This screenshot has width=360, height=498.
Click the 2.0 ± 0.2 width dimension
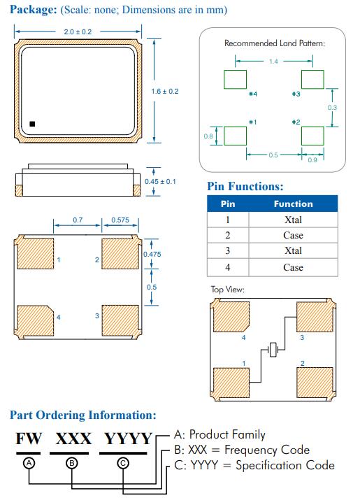click(x=78, y=31)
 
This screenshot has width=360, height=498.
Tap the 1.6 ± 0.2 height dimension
click(x=165, y=92)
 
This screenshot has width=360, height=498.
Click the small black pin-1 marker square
click(x=32, y=124)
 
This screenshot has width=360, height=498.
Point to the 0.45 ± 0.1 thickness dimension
click(x=160, y=182)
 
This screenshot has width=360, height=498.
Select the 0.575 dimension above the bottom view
click(x=120, y=220)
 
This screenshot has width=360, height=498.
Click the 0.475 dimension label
click(x=152, y=255)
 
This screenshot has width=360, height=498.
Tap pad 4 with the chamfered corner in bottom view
click(x=35, y=321)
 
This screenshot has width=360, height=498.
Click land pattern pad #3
click(x=312, y=80)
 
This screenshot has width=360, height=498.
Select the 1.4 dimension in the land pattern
click(x=273, y=62)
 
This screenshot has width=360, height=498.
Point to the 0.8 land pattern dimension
click(x=208, y=136)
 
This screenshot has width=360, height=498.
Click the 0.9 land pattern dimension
click(x=312, y=160)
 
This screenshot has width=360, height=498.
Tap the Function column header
click(x=294, y=204)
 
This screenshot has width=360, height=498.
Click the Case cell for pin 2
click(x=293, y=235)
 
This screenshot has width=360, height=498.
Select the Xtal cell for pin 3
click(x=293, y=251)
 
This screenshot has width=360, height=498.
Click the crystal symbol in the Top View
click(x=273, y=350)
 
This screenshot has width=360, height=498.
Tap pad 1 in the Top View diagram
click(x=231, y=383)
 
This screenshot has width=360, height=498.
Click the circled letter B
click(x=71, y=464)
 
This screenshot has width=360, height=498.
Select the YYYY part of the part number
click(x=128, y=439)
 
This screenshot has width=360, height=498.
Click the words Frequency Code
click(x=267, y=450)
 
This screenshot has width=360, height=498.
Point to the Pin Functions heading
click(x=245, y=187)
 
